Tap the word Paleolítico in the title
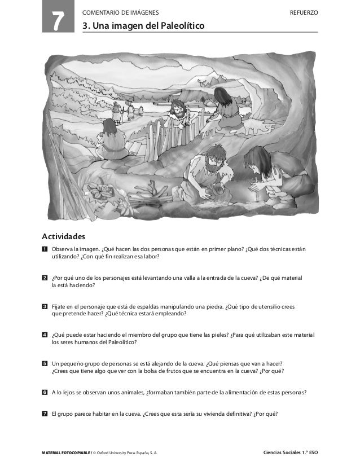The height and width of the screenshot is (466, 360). [179, 25]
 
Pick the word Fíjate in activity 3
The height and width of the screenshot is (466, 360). [59, 306]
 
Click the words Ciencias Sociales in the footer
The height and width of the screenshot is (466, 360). [286, 452]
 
